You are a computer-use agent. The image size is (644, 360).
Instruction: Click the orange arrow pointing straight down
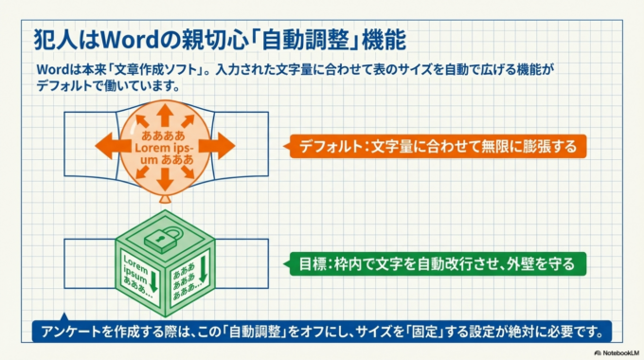163,181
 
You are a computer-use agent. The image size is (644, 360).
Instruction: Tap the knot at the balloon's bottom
163,202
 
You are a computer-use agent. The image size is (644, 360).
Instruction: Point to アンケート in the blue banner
68,332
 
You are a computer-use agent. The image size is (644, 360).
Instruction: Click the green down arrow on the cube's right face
202,275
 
